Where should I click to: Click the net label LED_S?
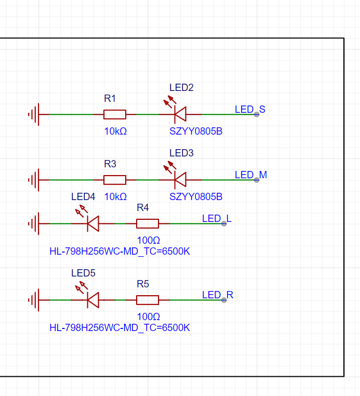[x=250, y=109]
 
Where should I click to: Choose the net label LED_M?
[x=251, y=175]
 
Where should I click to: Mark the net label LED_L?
[x=217, y=218]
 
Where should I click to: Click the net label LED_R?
[x=218, y=295]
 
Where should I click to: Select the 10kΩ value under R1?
[x=115, y=131]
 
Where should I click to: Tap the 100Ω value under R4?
[x=149, y=240]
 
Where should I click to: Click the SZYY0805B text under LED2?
[x=196, y=131]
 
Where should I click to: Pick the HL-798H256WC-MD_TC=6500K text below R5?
[x=119, y=327]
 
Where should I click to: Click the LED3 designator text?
[x=181, y=153]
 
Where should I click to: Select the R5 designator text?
[x=143, y=284]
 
